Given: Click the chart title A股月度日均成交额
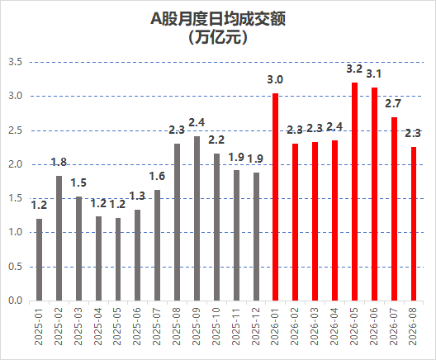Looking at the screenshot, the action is (218, 19).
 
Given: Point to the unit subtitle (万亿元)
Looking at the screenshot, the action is (218, 37).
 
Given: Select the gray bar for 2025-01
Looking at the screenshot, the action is (39, 259).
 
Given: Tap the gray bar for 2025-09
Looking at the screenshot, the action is (197, 218).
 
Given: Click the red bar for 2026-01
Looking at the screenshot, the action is (275, 197).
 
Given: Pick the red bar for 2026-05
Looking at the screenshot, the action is (354, 192).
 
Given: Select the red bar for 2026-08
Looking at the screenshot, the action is (414, 224).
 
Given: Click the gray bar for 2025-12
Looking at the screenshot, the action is (256, 237).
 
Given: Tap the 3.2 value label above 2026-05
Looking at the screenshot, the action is (354, 69).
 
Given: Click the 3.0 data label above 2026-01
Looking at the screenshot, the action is (275, 80).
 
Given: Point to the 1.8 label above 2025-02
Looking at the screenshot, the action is (59, 162).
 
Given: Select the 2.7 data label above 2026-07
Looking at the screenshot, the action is (393, 104).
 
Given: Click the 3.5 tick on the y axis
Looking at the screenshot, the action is (16, 62).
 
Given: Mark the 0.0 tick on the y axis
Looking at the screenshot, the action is (16, 301).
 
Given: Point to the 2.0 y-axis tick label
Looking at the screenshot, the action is (16, 164).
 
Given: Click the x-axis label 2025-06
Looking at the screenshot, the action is (137, 326).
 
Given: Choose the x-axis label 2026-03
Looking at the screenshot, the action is (315, 326).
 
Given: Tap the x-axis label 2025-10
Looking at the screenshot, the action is (216, 326).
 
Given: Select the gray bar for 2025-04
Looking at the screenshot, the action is (98, 258).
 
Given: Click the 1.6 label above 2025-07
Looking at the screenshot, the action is (157, 176).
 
